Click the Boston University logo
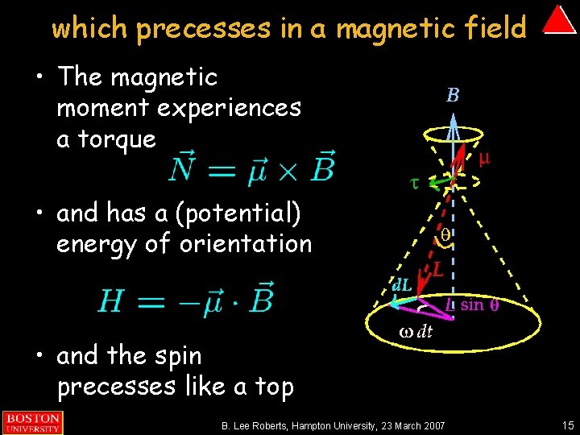coord(32,422)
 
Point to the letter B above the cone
coord(454,96)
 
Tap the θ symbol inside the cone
coord(445,235)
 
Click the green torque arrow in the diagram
coord(440,181)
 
